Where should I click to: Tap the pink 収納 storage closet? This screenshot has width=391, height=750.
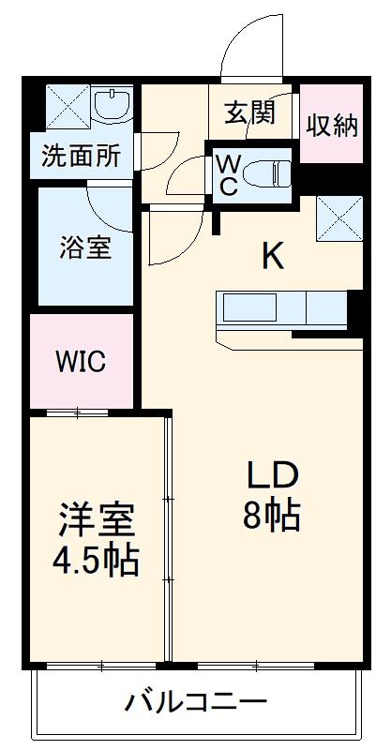[x=332, y=124]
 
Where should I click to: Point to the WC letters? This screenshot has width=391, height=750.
[x=227, y=174]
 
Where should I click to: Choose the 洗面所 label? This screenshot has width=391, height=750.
[x=81, y=157]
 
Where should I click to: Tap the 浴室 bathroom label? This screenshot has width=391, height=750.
[x=85, y=247]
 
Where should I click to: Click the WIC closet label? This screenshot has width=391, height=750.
[x=80, y=361]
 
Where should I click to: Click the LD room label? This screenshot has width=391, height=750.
[x=273, y=476]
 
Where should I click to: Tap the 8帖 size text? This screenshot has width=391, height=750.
[x=273, y=516]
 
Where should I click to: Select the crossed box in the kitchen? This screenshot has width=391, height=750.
[x=338, y=217]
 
